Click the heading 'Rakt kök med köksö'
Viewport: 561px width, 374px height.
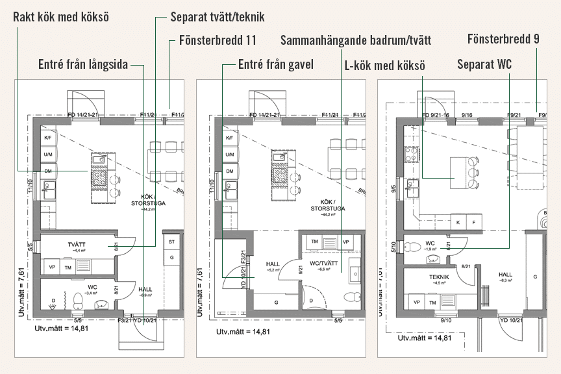[62, 15]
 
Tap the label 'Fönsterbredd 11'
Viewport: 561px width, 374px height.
[217, 40]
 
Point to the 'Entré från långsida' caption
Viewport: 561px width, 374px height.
[83, 64]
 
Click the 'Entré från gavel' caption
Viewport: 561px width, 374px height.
[275, 64]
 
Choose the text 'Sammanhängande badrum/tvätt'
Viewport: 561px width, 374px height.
[356, 40]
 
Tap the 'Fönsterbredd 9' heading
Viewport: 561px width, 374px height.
[503, 40]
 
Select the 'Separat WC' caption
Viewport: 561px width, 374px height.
[484, 64]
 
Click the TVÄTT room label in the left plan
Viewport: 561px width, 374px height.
[79, 244]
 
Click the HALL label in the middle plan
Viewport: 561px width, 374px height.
[273, 264]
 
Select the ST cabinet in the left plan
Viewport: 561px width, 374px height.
[173, 242]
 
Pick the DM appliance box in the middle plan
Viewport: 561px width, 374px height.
[229, 171]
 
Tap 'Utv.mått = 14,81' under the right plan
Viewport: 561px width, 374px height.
[424, 338]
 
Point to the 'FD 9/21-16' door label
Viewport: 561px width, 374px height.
[436, 115]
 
